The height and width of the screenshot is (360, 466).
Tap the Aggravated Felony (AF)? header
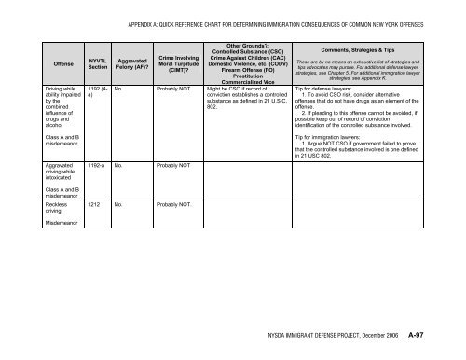coord(130,63)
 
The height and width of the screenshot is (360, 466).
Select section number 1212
coord(94,201)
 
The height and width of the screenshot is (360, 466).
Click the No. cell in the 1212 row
coord(119,201)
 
